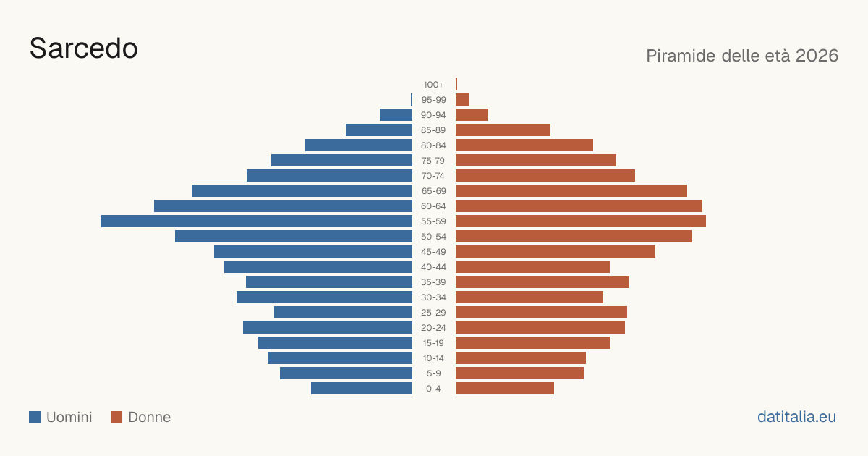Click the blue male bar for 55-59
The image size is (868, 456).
click(x=257, y=221)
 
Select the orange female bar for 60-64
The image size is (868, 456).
click(x=579, y=206)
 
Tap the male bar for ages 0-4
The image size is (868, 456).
click(x=362, y=389)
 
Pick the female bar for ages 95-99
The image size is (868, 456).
click(x=462, y=100)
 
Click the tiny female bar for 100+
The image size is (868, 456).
click(x=456, y=84)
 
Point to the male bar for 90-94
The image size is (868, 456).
click(x=396, y=115)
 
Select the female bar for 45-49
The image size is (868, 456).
click(x=556, y=252)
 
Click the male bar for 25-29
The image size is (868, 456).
click(x=344, y=313)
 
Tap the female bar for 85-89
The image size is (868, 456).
click(x=503, y=130)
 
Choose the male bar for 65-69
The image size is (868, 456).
click(x=302, y=191)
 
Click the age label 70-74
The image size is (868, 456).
click(x=433, y=176)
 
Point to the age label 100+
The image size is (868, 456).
click(x=433, y=85)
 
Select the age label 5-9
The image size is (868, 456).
click(x=433, y=373)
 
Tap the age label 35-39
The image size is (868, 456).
click(x=433, y=282)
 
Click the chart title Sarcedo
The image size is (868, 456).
click(x=84, y=48)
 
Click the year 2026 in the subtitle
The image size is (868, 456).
click(x=817, y=56)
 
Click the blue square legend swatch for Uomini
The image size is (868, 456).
click(x=35, y=417)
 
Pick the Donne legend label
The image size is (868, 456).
click(x=150, y=417)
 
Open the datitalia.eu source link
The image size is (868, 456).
click(x=796, y=417)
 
